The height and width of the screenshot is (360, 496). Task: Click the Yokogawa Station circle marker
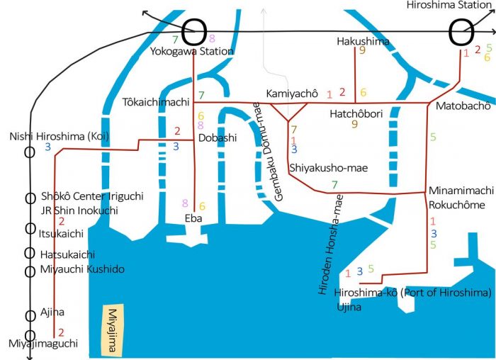[x=195, y=32]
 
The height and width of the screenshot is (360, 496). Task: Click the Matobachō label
[x=463, y=106]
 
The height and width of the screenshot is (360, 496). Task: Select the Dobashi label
[x=218, y=138]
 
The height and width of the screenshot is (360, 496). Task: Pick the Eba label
[x=193, y=218]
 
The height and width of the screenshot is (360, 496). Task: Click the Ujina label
[x=349, y=307]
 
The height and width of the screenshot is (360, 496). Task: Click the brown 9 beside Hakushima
[x=362, y=50]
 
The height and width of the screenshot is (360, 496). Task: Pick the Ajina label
[x=52, y=312]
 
